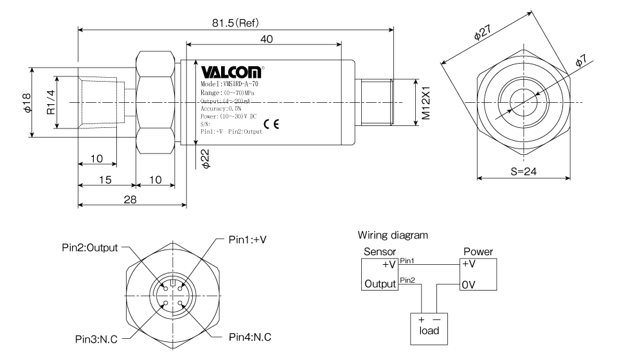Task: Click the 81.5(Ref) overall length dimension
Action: pyautogui.click(x=235, y=22)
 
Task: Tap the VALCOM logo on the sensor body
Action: pyautogui.click(x=231, y=72)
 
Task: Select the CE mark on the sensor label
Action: pyautogui.click(x=271, y=124)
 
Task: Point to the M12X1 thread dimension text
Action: pyautogui.click(x=425, y=103)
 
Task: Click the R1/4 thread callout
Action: pyautogui.click(x=51, y=102)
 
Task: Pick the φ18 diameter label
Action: pyautogui.click(x=27, y=103)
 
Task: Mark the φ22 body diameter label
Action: pyautogui.click(x=205, y=159)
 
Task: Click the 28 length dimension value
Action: pyautogui.click(x=130, y=199)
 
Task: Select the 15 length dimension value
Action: pyautogui.click(x=105, y=180)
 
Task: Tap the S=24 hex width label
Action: pyautogui.click(x=523, y=172)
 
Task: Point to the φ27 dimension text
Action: pyautogui.click(x=483, y=32)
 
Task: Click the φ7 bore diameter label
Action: pyautogui.click(x=581, y=60)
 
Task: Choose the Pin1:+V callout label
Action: pyautogui.click(x=247, y=240)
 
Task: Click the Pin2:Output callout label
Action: pyautogui.click(x=90, y=248)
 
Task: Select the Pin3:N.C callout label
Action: pyautogui.click(x=96, y=339)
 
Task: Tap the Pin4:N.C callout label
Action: pyautogui.click(x=250, y=337)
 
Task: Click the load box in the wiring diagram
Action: pyautogui.click(x=429, y=329)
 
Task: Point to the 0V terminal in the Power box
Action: pyautogui.click(x=469, y=284)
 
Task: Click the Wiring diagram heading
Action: pyautogui.click(x=393, y=235)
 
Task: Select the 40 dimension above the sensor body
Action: pyautogui.click(x=266, y=39)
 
